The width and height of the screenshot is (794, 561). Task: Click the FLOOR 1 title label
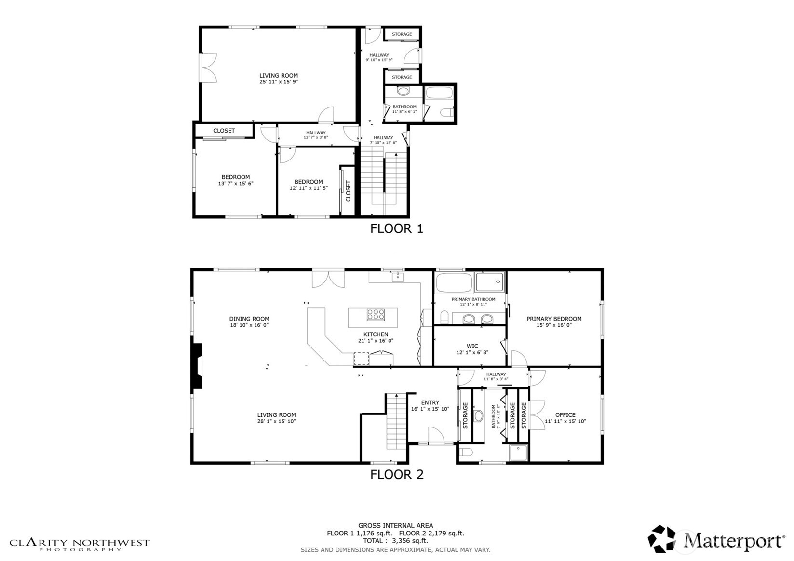(396, 228)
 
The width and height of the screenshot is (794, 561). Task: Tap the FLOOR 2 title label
(396, 474)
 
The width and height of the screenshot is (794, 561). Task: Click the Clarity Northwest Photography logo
(80, 545)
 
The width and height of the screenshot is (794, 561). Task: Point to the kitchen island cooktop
(376, 315)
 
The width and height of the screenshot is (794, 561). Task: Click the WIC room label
(472, 346)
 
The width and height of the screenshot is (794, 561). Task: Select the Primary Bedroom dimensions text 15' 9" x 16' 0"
(553, 325)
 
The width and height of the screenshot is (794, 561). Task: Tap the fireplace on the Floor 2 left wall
(197, 365)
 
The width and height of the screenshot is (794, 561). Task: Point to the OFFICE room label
(565, 414)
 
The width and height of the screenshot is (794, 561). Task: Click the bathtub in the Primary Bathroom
(454, 282)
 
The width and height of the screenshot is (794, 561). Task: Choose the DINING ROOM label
(249, 319)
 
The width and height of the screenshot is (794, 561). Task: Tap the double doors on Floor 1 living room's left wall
(208, 67)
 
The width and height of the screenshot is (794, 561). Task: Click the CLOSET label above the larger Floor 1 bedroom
(224, 131)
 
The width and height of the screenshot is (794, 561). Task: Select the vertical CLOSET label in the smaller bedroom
(349, 191)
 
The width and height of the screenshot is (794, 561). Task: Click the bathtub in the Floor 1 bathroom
(439, 93)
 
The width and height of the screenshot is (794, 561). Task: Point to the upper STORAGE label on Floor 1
(402, 34)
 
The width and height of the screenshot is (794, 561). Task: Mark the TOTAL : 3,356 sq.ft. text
(395, 541)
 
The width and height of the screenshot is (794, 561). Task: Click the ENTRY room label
(430, 402)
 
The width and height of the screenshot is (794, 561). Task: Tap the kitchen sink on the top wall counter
(397, 277)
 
